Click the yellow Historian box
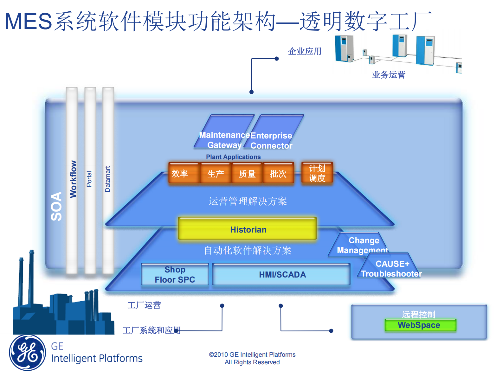click(247, 229)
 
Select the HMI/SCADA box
click(281, 274)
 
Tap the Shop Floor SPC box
click(175, 274)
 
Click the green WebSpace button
click(420, 325)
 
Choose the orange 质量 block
click(247, 173)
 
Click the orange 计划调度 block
click(317, 173)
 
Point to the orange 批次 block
click(278, 173)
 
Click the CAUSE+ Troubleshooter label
click(391, 269)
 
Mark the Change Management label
click(363, 245)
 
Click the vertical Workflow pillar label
click(73, 179)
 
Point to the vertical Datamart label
click(107, 179)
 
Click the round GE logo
click(28, 352)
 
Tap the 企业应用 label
click(305, 51)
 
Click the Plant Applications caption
click(233, 157)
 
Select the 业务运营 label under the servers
click(388, 75)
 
